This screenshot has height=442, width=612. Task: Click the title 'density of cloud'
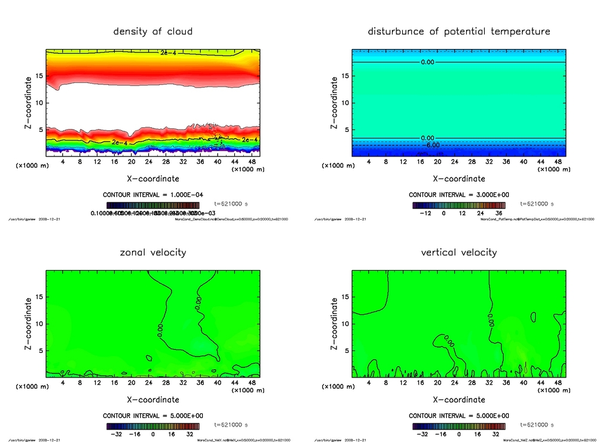point(153,31)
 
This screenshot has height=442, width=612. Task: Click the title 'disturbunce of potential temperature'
point(459,31)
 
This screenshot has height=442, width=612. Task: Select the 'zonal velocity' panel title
point(153,252)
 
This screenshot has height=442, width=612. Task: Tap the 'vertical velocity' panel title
point(459,252)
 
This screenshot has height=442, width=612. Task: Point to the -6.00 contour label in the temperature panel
point(432,145)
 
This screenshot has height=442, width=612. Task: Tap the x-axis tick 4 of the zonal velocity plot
point(63,383)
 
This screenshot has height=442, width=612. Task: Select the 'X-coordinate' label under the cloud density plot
point(153,178)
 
